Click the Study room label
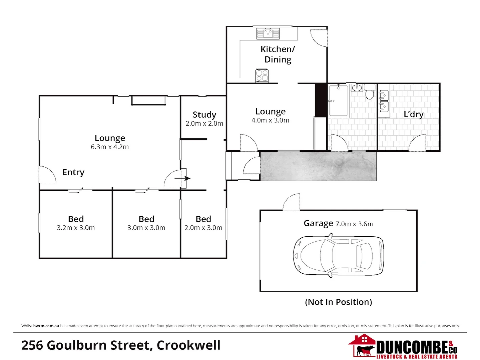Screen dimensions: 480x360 pos(204,115)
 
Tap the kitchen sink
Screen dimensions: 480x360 pos(268,33)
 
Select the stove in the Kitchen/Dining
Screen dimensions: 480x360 pos(262,75)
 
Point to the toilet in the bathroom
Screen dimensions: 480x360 pos(370,92)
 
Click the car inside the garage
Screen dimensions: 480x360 pos(338,255)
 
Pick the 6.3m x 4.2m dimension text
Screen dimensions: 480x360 pos(110,147)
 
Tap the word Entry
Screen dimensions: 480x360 pos(73,172)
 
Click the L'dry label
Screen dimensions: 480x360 pos(413,114)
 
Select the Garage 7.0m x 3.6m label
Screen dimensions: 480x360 pos(338,223)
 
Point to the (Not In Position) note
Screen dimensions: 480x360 pos(338,302)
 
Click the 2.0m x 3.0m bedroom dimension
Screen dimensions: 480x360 pos(203,228)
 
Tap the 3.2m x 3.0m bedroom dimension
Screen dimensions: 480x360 pos(76,228)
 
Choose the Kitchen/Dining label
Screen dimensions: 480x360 pos(278,54)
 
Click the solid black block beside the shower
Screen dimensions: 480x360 pos(321,100)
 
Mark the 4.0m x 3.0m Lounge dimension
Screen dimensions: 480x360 pos(270,120)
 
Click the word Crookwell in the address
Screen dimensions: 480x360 pos(188,345)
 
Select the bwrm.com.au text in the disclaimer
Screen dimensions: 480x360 pos(46,326)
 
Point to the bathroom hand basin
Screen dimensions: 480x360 pos(357,88)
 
